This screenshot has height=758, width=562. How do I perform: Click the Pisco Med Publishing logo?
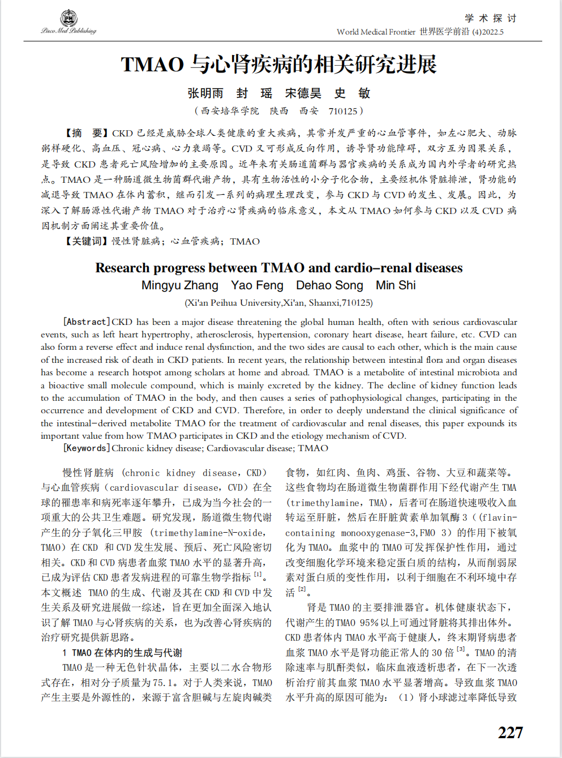[x=68, y=22]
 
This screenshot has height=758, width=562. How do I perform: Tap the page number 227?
[x=510, y=732]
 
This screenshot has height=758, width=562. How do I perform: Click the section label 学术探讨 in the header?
[x=490, y=18]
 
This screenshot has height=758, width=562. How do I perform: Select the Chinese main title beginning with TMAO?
[x=278, y=65]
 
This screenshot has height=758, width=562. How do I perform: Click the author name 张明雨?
[x=205, y=93]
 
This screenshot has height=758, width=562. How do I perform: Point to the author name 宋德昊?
[x=303, y=93]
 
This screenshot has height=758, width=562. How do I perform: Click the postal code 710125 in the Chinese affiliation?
[x=343, y=111]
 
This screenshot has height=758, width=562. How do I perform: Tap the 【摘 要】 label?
[x=85, y=133]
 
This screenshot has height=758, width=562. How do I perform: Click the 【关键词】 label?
[x=85, y=241]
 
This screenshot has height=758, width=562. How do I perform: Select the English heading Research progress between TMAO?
[x=278, y=268]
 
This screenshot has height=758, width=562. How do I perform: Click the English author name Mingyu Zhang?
[x=180, y=285]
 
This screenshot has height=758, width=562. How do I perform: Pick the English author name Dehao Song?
[x=329, y=285]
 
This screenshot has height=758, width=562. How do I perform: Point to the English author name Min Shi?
[x=396, y=285]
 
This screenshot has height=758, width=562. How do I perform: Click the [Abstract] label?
[x=87, y=322]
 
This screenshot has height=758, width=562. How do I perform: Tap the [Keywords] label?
[x=87, y=448]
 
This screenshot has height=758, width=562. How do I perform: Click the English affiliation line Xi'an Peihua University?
[x=278, y=303]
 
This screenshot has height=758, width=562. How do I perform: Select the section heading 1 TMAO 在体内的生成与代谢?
[x=122, y=653]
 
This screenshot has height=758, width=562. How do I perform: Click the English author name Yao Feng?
[x=257, y=285]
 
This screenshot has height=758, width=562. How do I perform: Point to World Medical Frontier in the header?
[x=376, y=32]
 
